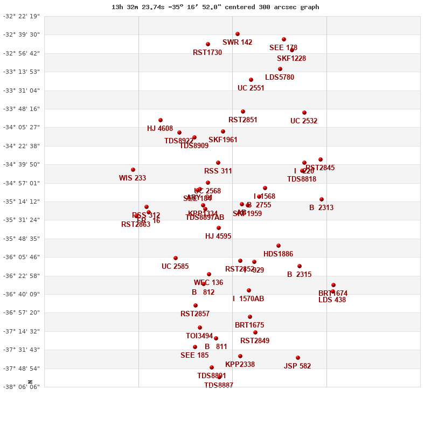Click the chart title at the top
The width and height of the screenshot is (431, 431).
[x=215, y=7]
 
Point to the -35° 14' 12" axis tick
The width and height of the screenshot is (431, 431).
[x=22, y=201]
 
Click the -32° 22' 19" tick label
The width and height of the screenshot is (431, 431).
[x=22, y=16]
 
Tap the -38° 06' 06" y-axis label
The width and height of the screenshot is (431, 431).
[x=22, y=387]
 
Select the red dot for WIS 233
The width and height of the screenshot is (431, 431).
[x=133, y=170]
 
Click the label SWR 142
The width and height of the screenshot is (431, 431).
[x=237, y=43]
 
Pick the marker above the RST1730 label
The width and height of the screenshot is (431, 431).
[x=208, y=44]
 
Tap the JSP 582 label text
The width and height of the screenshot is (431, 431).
[x=297, y=366]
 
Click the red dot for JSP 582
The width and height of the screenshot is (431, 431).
[x=298, y=358]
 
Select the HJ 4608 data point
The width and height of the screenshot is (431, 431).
[x=161, y=120]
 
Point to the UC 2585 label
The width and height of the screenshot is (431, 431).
[x=175, y=267]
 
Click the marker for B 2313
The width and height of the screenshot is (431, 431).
[x=322, y=199]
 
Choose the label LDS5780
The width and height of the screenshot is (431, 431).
[x=280, y=78]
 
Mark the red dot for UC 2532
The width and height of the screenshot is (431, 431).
[x=304, y=113]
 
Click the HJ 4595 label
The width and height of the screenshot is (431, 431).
[x=218, y=237]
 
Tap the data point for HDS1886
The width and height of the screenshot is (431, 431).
[x=279, y=246]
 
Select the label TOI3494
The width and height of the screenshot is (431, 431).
[x=199, y=336]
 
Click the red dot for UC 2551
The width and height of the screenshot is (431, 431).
[x=251, y=80]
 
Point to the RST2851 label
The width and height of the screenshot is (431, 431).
[x=243, y=120]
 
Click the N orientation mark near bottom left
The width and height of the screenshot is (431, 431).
[x=31, y=381]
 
